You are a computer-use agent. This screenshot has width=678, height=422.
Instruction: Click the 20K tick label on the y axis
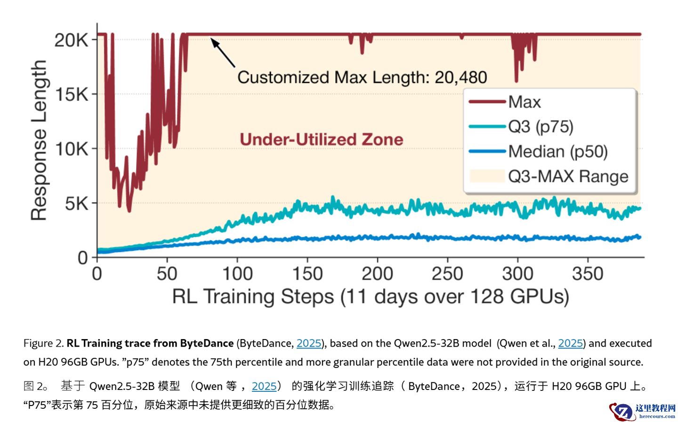71,41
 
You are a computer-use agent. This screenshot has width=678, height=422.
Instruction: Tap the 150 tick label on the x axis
307,274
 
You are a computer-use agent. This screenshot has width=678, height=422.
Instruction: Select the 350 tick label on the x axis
587,274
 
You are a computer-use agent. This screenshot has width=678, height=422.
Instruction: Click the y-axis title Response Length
39,140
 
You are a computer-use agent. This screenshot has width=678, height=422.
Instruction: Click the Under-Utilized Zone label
322,139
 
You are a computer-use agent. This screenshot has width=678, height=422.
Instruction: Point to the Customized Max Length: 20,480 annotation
362,77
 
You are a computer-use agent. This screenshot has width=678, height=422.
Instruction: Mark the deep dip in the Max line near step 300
517,80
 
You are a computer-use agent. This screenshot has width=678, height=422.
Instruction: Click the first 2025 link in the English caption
309,343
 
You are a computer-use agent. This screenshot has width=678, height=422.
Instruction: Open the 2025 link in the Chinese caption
264,386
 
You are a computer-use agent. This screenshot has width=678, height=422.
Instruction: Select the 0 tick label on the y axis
83,258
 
